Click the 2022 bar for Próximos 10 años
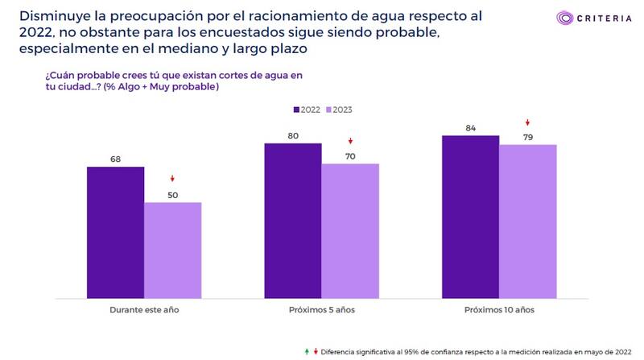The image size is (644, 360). pos(470,214)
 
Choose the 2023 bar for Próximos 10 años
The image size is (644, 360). pos(527,219)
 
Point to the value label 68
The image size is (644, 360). pos(115,159)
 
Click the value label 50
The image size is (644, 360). pos(172,195)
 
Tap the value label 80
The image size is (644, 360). pos(293,136)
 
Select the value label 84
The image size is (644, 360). pos(470,128)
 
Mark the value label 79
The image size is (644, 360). pos(527,137)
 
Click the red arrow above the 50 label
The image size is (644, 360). pos(172,179)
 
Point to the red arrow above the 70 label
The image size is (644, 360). pos(350,140)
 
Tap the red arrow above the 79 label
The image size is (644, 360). pos(527,122)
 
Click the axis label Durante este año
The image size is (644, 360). pos(144,308)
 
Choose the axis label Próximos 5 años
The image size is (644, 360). pos(321,308)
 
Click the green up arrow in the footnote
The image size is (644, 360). pos(307,352)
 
